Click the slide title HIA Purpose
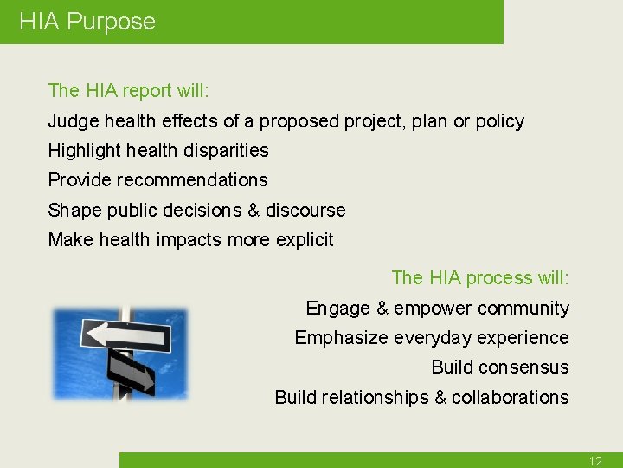point(87,22)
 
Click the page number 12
point(595,461)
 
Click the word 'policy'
point(498,121)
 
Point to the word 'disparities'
point(222,151)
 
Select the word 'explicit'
point(303,240)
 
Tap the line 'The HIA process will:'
point(480,278)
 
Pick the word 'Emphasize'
point(336,338)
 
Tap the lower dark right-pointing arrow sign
point(130,372)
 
